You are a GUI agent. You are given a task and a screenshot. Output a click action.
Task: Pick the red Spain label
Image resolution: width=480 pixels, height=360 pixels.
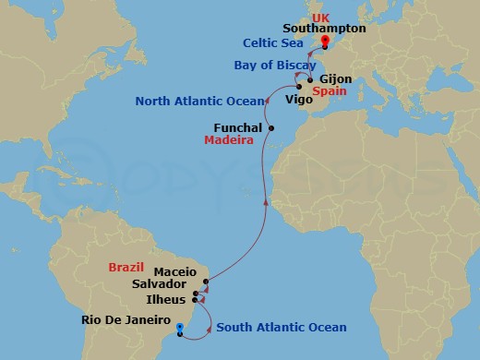tap(330, 93)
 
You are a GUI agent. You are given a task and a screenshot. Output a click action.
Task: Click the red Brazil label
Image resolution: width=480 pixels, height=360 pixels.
tap(126, 267)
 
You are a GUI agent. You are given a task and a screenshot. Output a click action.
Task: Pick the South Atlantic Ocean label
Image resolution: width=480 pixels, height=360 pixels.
tap(281, 328)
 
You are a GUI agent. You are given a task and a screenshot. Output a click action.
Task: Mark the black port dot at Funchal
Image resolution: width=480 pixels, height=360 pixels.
tap(270, 127)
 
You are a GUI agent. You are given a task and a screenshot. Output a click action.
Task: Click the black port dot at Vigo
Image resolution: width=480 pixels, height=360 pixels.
tap(298, 88)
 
